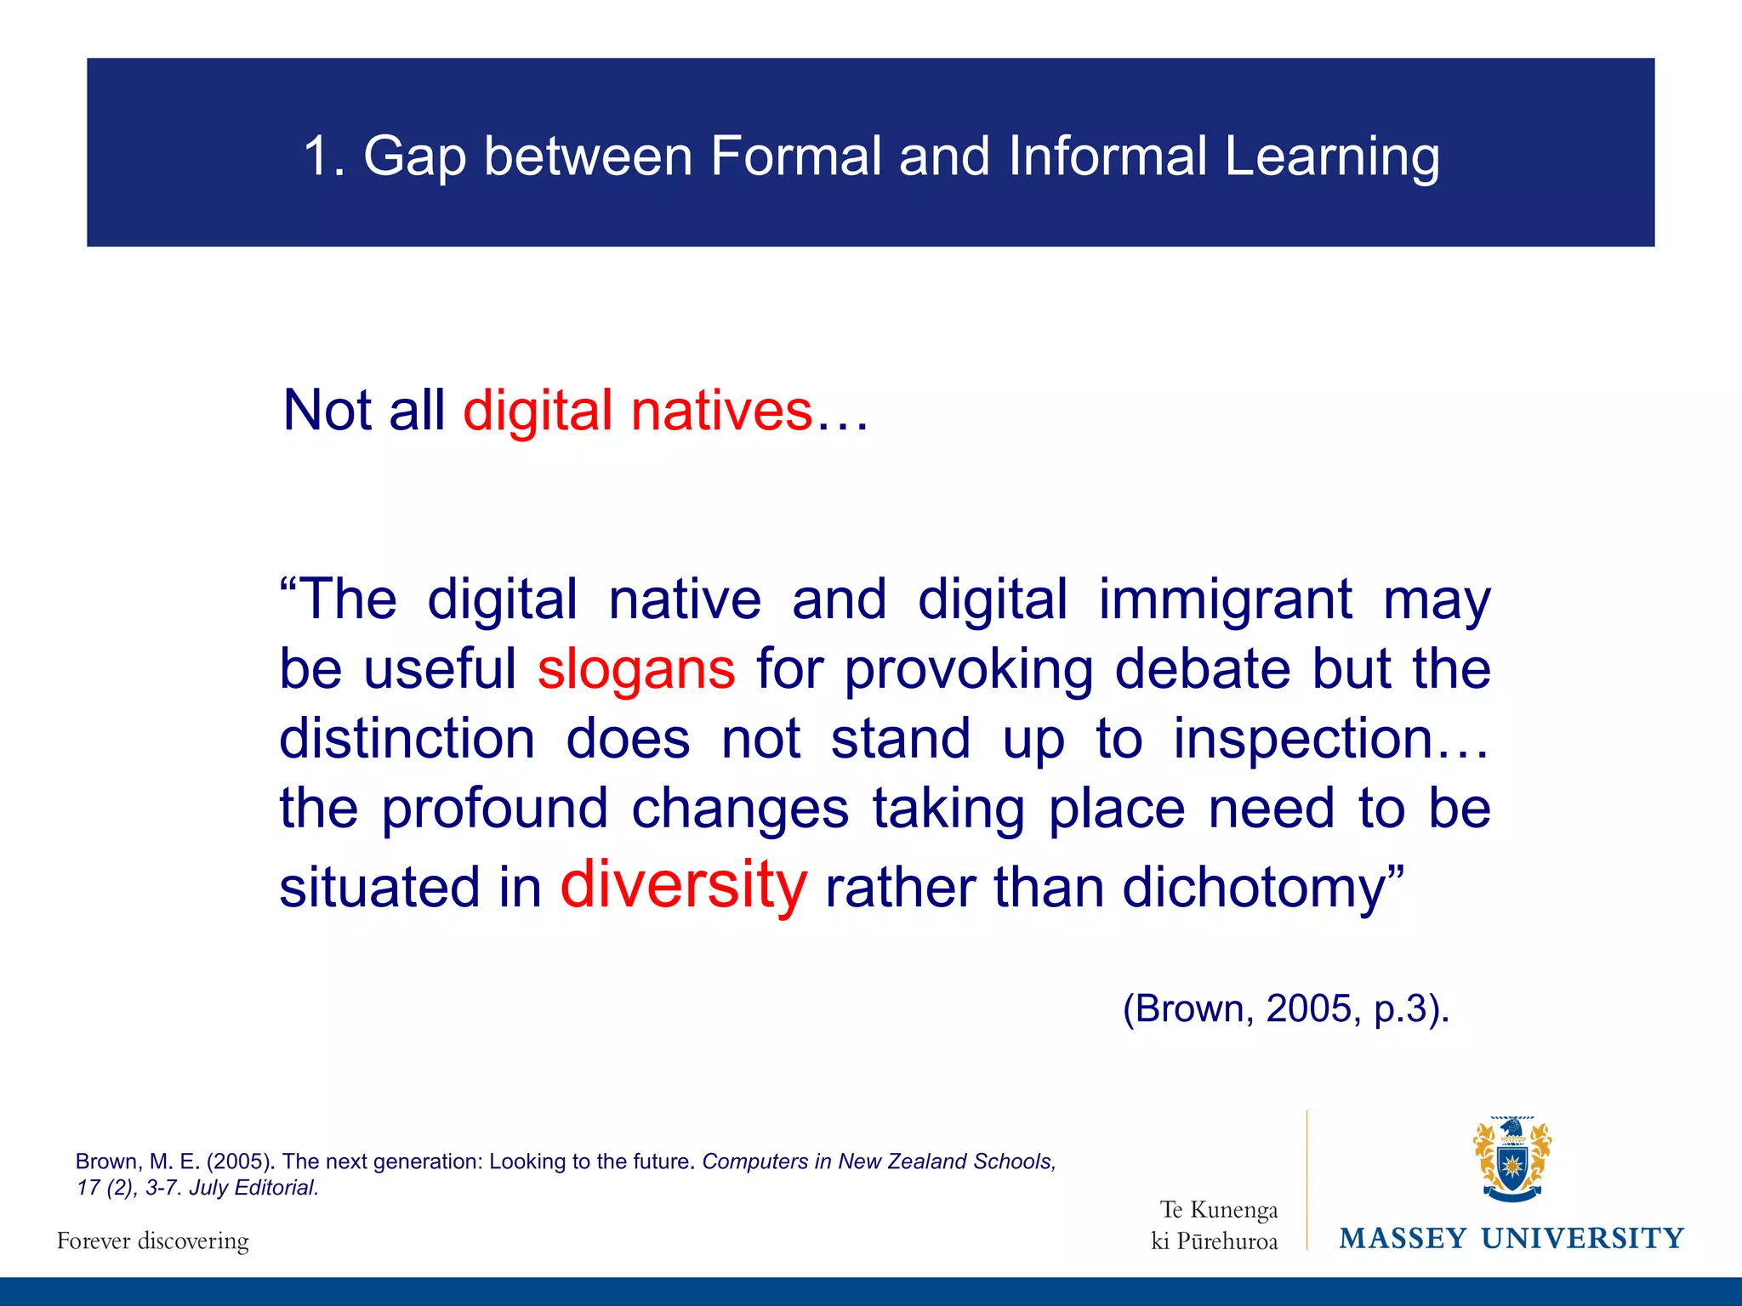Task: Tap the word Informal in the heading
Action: pyautogui.click(x=1107, y=156)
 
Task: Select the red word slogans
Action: pyautogui.click(x=636, y=669)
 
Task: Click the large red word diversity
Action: pyautogui.click(x=683, y=885)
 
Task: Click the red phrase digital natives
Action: pyautogui.click(x=638, y=411)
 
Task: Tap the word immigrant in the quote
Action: pyautogui.click(x=1225, y=600)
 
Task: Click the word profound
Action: pyautogui.click(x=494, y=808)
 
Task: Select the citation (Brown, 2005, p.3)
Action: pyautogui.click(x=1285, y=1009)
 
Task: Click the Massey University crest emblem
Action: pyautogui.click(x=1511, y=1159)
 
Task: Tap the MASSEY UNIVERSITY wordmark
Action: pyautogui.click(x=1511, y=1239)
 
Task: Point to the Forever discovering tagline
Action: pyautogui.click(x=153, y=1241)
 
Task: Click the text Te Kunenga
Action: pyautogui.click(x=1219, y=1209)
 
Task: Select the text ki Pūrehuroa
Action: pyautogui.click(x=1214, y=1241)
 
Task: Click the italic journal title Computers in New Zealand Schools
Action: pyautogui.click(x=879, y=1161)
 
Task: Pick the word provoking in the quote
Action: pyautogui.click(x=968, y=669)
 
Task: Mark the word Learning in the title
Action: pyautogui.click(x=1332, y=156)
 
